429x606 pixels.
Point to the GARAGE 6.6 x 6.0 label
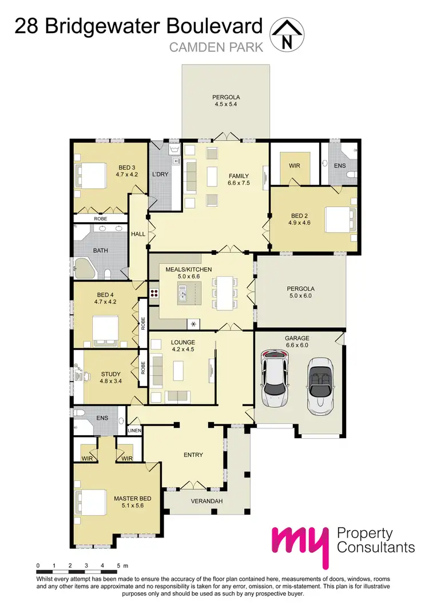point(296,341)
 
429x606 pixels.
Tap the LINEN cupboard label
point(134,430)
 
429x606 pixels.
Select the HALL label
point(138,234)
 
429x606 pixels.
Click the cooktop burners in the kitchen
point(154,294)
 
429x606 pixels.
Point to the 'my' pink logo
point(300,545)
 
